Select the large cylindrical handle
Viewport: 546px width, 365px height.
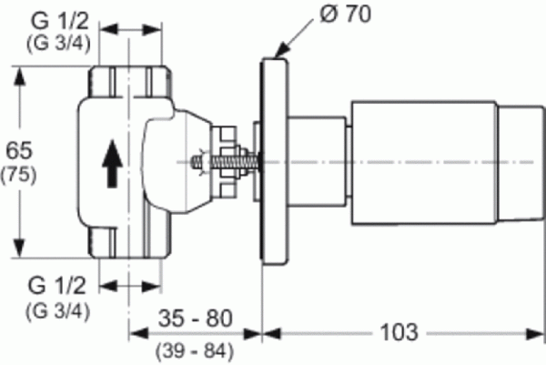point(423,161)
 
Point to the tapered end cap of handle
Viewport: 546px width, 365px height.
point(518,161)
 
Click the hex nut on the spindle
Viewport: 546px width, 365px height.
point(227,161)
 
